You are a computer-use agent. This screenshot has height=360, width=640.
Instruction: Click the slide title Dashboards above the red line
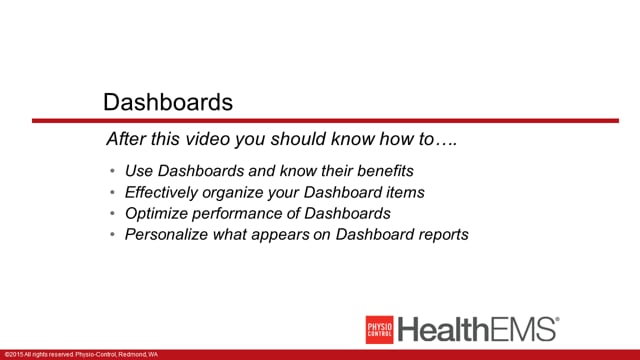[168, 102]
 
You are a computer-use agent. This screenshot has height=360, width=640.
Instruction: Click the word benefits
[385, 171]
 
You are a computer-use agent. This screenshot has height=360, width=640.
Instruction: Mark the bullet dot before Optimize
[112, 213]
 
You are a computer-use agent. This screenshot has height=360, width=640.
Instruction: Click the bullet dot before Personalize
[112, 234]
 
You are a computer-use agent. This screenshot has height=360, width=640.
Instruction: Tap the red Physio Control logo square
[379, 330]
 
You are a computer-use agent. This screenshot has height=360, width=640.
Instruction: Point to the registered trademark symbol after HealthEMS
[558, 320]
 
